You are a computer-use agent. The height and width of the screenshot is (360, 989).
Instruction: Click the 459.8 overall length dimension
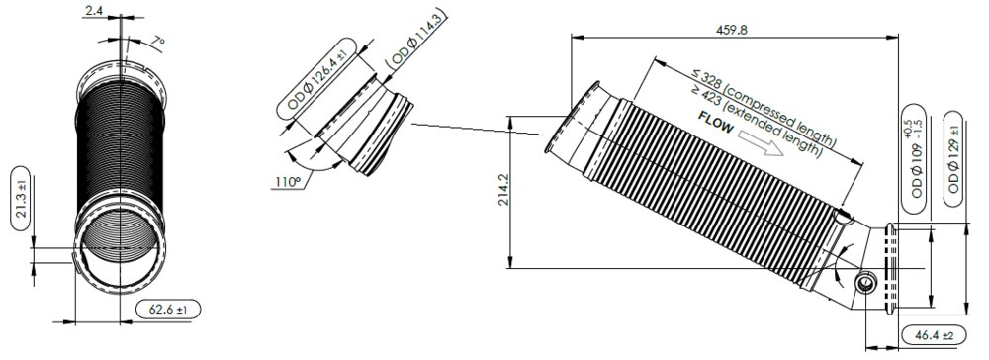[x=732, y=29]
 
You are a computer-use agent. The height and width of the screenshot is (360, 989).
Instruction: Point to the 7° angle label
[x=158, y=41]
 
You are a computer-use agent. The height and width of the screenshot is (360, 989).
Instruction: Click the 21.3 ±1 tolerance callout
[x=21, y=198]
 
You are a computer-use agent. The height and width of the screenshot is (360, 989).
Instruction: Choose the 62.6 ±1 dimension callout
[x=168, y=310]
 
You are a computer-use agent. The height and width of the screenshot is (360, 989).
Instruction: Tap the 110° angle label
[x=287, y=182]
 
